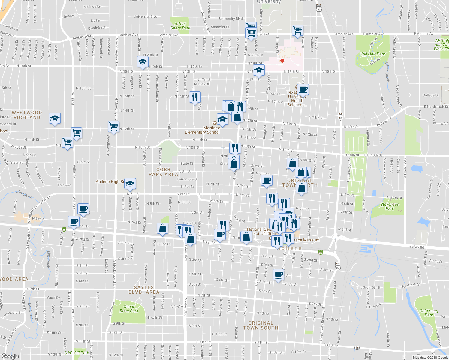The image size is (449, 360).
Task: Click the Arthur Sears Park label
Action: click(x=180, y=26)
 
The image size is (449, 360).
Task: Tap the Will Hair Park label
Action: click(x=372, y=54)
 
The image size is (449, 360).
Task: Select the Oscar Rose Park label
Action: click(x=129, y=309)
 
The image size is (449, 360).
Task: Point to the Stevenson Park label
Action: click(x=390, y=206)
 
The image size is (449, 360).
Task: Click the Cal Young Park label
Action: click(x=429, y=313)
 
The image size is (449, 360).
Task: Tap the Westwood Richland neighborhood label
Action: click(x=27, y=115)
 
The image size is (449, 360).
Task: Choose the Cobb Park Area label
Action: click(x=163, y=172)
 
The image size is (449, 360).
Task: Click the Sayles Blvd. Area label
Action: click(x=144, y=290)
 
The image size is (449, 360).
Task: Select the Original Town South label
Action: click(x=261, y=325)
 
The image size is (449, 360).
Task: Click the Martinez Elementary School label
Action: click(x=202, y=130)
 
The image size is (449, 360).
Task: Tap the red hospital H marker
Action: click(x=282, y=61)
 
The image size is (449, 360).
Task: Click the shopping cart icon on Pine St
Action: click(x=297, y=30)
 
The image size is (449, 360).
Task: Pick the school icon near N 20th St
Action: click(x=142, y=62)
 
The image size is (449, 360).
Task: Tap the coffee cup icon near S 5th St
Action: click(x=278, y=274)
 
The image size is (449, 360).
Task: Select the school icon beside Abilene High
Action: click(x=130, y=184)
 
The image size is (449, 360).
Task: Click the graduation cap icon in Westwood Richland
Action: click(x=55, y=118)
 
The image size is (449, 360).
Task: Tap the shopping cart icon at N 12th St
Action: click(x=113, y=126)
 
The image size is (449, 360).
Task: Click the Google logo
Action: click(x=10, y=356)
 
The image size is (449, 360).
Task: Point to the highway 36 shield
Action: click(x=357, y=348)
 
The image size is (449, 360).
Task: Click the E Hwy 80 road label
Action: click(x=417, y=247)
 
